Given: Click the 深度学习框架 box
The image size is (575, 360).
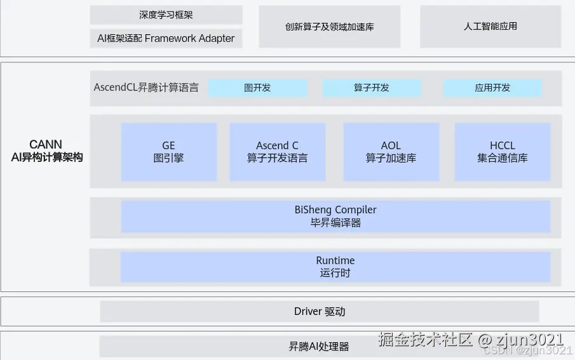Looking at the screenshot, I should (x=166, y=15).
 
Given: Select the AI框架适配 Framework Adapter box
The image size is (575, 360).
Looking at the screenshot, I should (x=166, y=38).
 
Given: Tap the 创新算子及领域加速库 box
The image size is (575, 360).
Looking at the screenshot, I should (x=329, y=27).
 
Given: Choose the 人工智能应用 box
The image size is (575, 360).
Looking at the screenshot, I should (x=490, y=27).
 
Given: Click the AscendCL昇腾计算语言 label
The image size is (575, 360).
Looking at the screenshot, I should (x=146, y=88).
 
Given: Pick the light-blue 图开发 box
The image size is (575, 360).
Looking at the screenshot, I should (x=257, y=88).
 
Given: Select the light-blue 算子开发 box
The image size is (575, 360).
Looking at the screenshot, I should (x=371, y=88).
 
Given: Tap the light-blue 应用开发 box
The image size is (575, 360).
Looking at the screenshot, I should (x=492, y=88).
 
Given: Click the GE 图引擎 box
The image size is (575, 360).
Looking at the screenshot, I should (x=168, y=152).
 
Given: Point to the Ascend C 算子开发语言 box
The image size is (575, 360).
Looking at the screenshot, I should (x=277, y=152).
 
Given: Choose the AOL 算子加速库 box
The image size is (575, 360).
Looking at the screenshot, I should (x=391, y=152).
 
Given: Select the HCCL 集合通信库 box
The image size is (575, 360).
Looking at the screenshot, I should (x=502, y=152).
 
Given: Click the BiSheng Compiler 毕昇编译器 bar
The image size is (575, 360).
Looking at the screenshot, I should (x=335, y=216).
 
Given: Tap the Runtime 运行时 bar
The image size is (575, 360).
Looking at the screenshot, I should (x=335, y=267).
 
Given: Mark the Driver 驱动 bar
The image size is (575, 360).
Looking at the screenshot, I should (x=320, y=311).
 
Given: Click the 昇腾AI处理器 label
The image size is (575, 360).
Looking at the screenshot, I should (x=319, y=347).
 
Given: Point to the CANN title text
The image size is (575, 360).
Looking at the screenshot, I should (x=46, y=145).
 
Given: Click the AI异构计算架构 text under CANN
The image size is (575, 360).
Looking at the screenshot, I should (x=47, y=157).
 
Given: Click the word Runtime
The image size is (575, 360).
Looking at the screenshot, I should (x=335, y=261).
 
